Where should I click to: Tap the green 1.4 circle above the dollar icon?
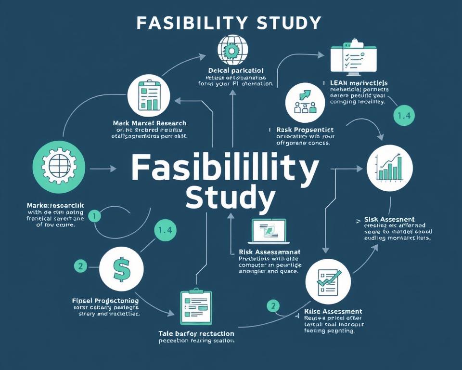tap(165, 230)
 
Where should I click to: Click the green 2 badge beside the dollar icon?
tap(80, 265)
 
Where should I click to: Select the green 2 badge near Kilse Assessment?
tap(273, 305)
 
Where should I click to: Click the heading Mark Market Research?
tap(150, 123)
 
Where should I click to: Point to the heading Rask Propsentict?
tap(304, 130)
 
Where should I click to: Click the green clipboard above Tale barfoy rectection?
tap(194, 307)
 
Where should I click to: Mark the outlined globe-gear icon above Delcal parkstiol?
tap(232, 50)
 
